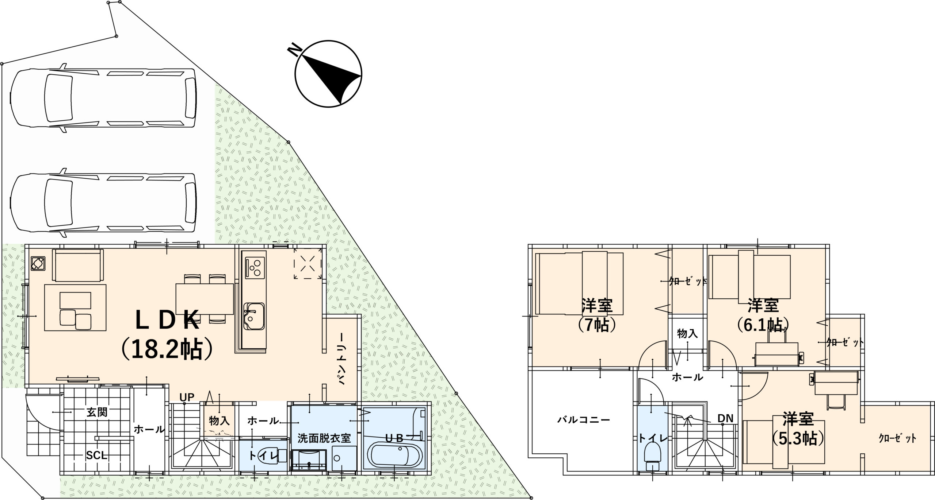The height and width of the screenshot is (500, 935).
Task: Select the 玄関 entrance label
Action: (97, 412)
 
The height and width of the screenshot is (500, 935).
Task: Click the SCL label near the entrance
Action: (97, 455)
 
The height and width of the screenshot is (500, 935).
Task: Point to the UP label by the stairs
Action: (187, 397)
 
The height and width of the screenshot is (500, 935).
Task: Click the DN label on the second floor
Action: (725, 418)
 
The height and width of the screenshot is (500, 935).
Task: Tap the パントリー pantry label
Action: (342, 359)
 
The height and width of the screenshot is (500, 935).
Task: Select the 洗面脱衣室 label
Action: (324, 438)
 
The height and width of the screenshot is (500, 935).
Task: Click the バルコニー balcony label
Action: (584, 420)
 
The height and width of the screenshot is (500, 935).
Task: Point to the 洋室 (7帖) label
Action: (598, 314)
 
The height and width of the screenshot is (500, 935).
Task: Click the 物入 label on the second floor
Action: (687, 333)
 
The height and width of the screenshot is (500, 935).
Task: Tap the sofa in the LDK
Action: (78, 260)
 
